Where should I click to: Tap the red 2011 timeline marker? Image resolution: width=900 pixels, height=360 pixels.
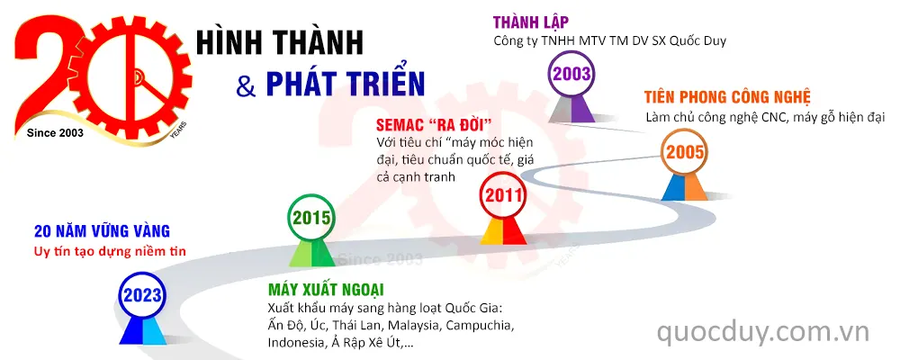coord(502,194)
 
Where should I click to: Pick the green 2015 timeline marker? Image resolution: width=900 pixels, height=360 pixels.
coord(310,217)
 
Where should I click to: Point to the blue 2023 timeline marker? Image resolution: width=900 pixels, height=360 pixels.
coord(144,294)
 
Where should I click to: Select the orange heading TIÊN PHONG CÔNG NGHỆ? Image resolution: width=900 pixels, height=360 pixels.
coord(728,97)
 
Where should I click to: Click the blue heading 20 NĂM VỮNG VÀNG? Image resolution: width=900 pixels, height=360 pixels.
coord(102,231)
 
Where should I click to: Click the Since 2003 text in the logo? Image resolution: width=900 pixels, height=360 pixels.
coord(55,133)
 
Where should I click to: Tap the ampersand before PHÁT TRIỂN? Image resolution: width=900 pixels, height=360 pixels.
coord(245,86)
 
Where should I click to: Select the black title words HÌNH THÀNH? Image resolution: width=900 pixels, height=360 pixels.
coord(280,40)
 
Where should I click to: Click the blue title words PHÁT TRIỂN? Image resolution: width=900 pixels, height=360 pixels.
coord(345,84)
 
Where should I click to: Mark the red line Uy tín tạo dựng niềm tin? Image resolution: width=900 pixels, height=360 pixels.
coord(109,251)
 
